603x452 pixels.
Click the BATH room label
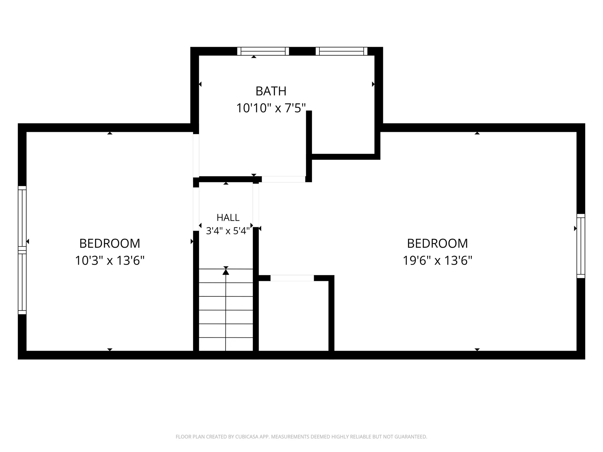tap(271, 91)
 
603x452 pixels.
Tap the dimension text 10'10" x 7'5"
tap(271, 108)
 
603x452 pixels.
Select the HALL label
tap(228, 217)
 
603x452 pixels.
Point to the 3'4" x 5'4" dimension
tap(228, 231)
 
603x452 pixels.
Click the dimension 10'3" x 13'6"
tap(110, 260)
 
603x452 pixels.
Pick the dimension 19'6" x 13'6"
tap(437, 260)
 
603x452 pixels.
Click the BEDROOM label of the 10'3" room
tap(110, 243)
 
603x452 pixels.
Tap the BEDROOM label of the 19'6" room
tap(437, 243)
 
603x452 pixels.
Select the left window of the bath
tap(263, 51)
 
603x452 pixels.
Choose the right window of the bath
tap(341, 51)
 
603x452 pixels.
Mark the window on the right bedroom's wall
tap(581, 246)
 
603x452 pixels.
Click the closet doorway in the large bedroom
tap(292, 278)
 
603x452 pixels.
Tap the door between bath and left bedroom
tap(196, 155)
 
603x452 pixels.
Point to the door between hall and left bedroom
tap(196, 209)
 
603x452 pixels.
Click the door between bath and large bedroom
tap(284, 179)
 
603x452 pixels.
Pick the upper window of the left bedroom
tap(22, 218)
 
